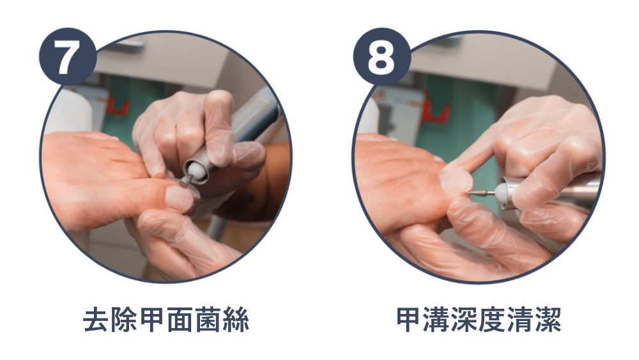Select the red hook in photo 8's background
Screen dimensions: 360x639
pyautogui.click(x=435, y=114)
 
